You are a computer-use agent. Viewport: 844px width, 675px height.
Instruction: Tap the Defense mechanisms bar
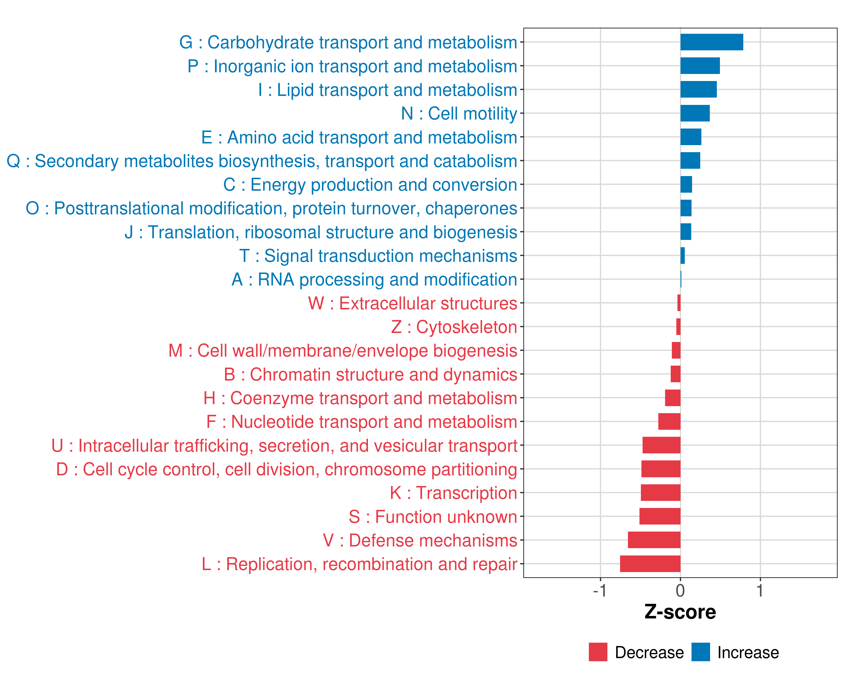point(654,540)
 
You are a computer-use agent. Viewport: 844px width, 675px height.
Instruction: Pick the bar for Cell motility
point(695,113)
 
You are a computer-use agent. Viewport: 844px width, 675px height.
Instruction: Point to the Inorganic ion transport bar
point(700,66)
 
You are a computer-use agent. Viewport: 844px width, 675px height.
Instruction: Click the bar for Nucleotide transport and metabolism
point(669,421)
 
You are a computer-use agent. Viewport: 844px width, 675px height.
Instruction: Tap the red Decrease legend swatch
point(598,652)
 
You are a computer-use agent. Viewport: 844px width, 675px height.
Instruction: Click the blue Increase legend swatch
point(700,652)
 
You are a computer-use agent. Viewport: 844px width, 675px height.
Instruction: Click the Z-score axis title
point(680,612)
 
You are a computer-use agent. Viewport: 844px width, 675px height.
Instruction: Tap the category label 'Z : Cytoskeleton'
point(454,327)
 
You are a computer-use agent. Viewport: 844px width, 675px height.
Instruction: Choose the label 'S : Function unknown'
point(433,517)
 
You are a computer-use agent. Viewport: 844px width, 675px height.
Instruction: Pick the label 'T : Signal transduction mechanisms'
point(378,256)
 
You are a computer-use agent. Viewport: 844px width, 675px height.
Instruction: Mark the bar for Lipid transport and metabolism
point(698,90)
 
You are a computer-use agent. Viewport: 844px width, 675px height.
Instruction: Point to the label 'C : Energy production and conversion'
point(370,185)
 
